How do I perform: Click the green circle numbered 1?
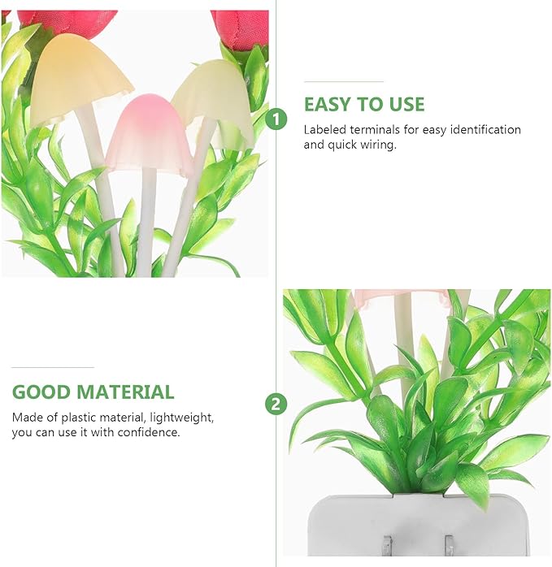coord(276,119)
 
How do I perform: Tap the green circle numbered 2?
coord(276,404)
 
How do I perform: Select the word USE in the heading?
coord(406,105)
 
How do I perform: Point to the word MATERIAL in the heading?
coord(126,392)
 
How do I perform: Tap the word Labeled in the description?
coord(324,129)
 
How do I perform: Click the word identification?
coord(485,129)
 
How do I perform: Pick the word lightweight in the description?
coord(182,418)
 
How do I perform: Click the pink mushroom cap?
coord(149,132)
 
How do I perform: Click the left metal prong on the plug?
coord(388,546)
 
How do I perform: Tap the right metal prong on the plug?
coord(449,546)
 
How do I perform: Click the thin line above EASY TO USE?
coord(344,81)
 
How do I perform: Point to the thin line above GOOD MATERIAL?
coord(53,367)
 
